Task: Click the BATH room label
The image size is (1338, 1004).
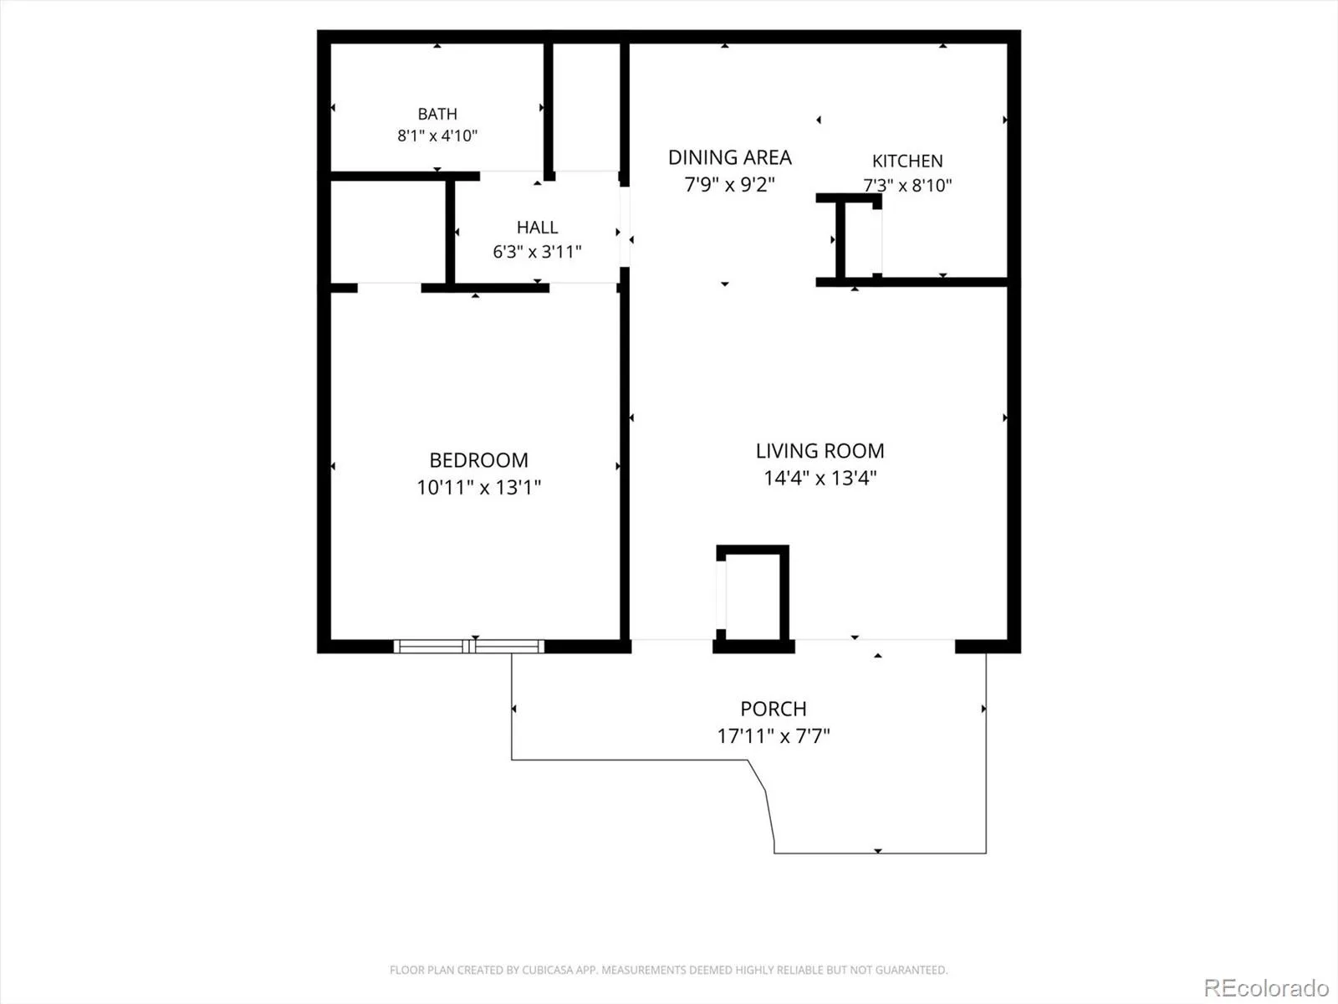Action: [x=437, y=114]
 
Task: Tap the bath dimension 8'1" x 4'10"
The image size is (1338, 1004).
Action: [x=437, y=136]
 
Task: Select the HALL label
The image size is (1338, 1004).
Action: [x=537, y=228]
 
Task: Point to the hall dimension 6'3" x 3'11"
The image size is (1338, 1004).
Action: [x=537, y=252]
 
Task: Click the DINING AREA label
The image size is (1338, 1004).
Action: [x=730, y=158]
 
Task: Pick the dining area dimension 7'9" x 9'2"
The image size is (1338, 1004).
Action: [x=730, y=184]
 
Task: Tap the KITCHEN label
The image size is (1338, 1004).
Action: [x=907, y=161]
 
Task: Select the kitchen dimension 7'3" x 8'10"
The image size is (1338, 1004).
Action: [x=907, y=185]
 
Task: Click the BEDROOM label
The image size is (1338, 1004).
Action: [x=478, y=460]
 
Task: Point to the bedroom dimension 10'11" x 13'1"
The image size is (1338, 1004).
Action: [x=478, y=488]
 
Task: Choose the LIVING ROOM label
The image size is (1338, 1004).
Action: [x=820, y=451]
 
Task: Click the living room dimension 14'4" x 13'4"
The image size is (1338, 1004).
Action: [x=820, y=478]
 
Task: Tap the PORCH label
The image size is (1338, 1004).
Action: [x=773, y=709]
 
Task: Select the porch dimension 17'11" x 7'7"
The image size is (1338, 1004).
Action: [x=773, y=736]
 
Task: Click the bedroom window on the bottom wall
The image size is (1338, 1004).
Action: [x=469, y=646]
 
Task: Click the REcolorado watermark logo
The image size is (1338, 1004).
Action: [x=1267, y=987]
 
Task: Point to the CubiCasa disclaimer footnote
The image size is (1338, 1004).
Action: [x=669, y=970]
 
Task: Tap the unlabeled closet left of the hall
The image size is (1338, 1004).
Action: [x=388, y=233]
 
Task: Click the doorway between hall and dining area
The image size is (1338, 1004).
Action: [x=625, y=227]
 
